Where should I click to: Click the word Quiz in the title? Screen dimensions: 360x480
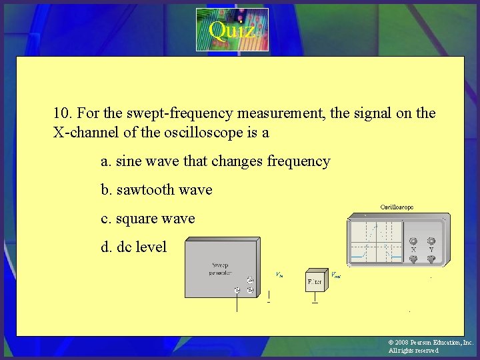click(x=231, y=30)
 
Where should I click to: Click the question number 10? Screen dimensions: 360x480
click(x=62, y=113)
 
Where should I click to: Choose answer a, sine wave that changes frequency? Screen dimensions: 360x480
click(x=215, y=161)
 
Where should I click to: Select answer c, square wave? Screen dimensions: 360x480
click(x=147, y=219)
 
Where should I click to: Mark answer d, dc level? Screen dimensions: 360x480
click(x=133, y=247)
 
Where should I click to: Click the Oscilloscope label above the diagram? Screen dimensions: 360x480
click(x=397, y=207)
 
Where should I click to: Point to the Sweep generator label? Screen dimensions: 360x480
click(x=220, y=268)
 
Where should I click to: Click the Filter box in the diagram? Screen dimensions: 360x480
click(x=315, y=281)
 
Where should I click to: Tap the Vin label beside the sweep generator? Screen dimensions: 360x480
click(x=279, y=274)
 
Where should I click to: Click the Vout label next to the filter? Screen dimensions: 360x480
click(x=335, y=274)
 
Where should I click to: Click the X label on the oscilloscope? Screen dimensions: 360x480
click(x=414, y=250)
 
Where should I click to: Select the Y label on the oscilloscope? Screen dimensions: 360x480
click(x=431, y=250)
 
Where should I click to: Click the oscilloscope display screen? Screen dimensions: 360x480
click(x=376, y=243)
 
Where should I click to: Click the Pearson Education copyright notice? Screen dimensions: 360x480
click(x=430, y=346)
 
